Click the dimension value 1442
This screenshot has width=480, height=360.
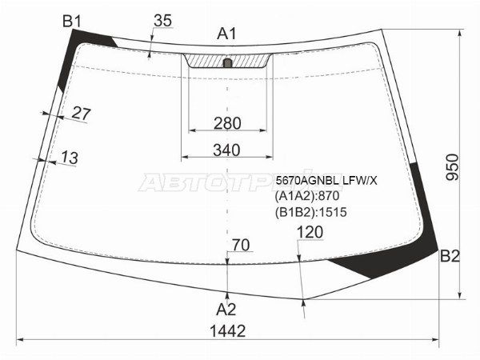tap(227, 330)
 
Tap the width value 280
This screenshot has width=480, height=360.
tap(227, 122)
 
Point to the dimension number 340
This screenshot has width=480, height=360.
tap(227, 150)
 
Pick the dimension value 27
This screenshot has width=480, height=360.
tap(81, 114)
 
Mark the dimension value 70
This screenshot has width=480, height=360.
tap(241, 244)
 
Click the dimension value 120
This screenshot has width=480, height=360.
tap(310, 232)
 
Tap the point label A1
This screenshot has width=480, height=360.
tap(227, 34)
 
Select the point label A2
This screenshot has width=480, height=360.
tap(227, 308)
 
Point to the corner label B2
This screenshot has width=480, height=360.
tap(450, 256)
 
